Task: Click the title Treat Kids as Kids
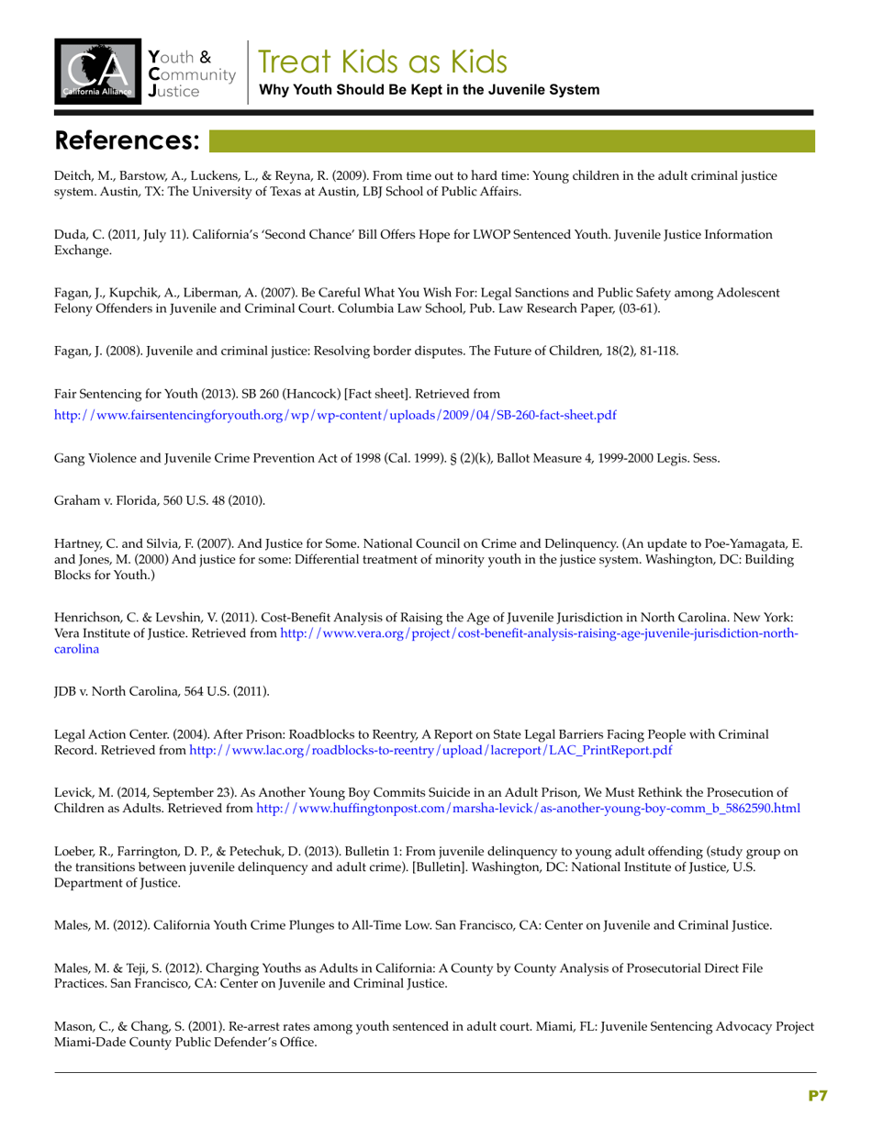click(x=382, y=61)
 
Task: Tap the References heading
click(x=128, y=140)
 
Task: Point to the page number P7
click(x=818, y=1095)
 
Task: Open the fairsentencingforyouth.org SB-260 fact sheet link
click(x=335, y=415)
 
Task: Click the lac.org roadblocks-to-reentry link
click(x=430, y=750)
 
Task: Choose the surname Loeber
click(x=75, y=851)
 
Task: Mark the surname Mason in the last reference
click(x=74, y=1027)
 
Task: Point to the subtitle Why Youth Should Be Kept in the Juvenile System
click(x=430, y=90)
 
